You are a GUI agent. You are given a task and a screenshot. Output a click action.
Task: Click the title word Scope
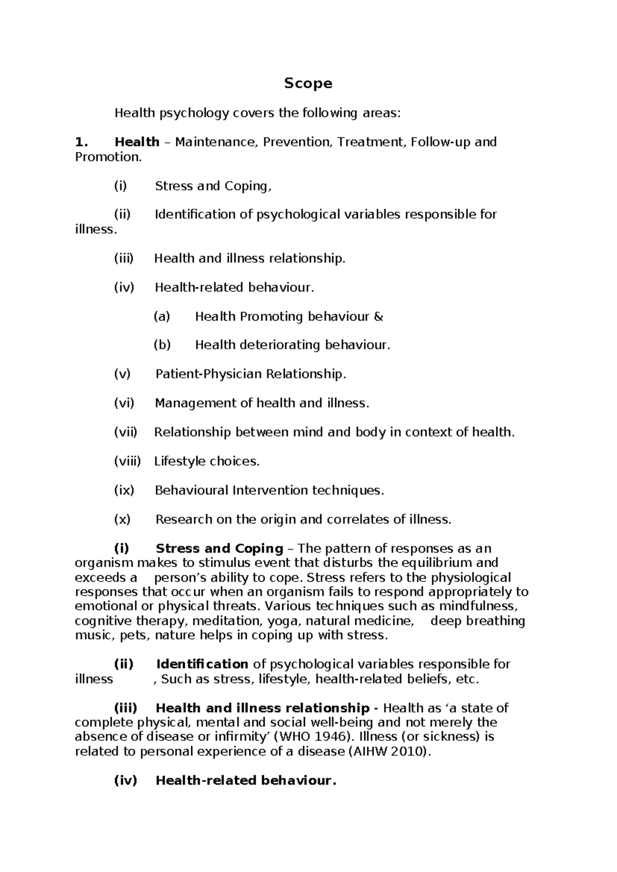point(308,83)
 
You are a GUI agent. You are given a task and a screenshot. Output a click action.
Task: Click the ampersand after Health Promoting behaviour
point(378,317)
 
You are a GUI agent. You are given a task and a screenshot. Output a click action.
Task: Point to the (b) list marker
point(162,345)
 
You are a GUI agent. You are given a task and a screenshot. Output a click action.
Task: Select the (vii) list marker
point(125,432)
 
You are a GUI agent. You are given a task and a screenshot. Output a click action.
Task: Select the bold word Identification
point(202,664)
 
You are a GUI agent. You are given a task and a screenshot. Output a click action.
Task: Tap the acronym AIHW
point(372,752)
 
